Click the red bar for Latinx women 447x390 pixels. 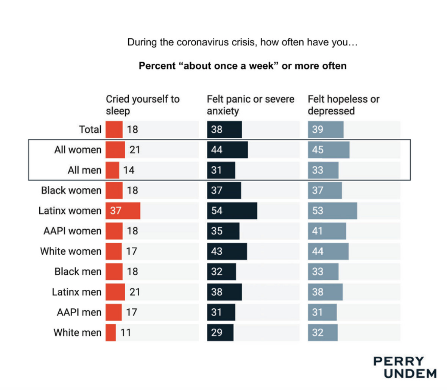(123, 211)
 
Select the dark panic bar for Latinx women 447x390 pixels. (232, 211)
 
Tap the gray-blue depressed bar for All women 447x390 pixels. (328, 150)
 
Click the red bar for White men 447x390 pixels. (111, 333)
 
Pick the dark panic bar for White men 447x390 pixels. (220, 333)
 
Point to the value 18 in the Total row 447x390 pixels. (132, 130)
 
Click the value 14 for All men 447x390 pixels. (129, 170)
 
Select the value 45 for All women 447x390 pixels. (318, 150)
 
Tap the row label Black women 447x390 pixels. (71, 190)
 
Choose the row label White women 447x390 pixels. (71, 251)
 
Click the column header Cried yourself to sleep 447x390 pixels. (143, 105)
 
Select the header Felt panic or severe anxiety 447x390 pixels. (250, 105)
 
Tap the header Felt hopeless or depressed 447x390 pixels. (343, 105)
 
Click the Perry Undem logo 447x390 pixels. (405, 367)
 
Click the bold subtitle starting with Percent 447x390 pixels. (243, 66)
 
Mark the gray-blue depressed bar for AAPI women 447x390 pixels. (327, 231)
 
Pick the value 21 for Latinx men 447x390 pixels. (134, 292)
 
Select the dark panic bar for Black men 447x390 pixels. (222, 272)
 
